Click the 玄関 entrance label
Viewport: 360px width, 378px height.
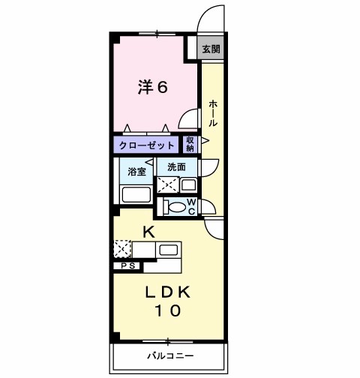pos(211,49)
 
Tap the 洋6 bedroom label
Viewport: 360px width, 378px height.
pos(151,86)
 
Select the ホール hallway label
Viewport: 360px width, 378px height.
pos(213,112)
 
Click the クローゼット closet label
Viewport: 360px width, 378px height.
pos(146,145)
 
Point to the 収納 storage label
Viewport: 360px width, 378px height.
pos(190,144)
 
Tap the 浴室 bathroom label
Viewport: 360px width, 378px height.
pos(135,171)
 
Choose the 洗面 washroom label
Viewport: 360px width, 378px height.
pos(177,166)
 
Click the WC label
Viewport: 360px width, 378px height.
pos(191,205)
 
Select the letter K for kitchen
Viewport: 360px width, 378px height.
pos(148,232)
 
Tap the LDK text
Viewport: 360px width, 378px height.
pos(169,291)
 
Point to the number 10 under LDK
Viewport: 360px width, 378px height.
pos(169,310)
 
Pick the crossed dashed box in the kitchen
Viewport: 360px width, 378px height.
pos(122,248)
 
